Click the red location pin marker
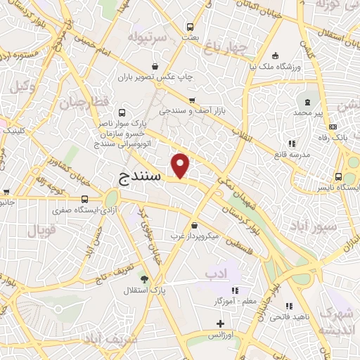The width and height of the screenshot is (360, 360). click(x=181, y=165)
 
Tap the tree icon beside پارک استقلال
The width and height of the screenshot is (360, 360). click(x=144, y=279)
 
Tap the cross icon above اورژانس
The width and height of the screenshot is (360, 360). click(x=221, y=323)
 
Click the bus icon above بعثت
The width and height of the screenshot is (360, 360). click(x=189, y=27)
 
